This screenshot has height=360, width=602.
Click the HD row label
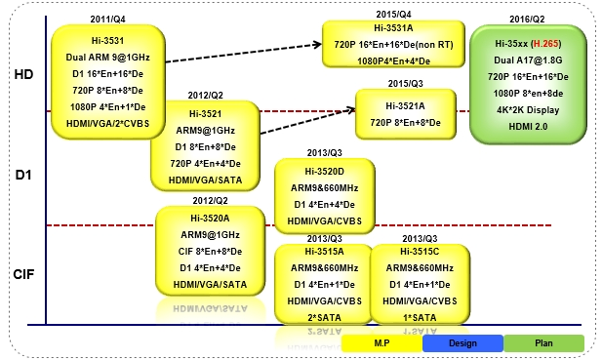[24, 74]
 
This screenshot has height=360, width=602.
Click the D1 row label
[24, 176]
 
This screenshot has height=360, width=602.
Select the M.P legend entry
[381, 343]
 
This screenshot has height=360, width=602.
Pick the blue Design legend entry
[462, 343]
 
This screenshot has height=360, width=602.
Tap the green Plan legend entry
[542, 343]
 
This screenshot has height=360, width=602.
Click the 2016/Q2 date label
[528, 19]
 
